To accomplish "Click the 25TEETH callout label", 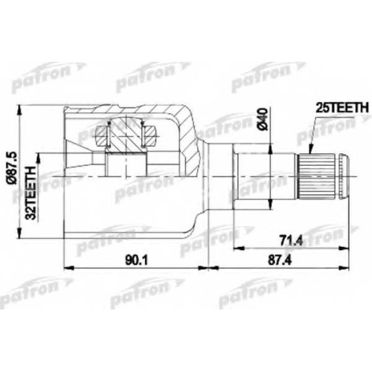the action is tap(342, 108).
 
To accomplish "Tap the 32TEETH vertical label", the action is tap(31, 193).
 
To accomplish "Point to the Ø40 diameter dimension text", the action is tap(263, 119).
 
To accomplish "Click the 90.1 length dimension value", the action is tap(136, 260).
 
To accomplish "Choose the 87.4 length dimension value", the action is tap(280, 260).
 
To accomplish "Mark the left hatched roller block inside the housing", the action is tap(102, 135).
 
